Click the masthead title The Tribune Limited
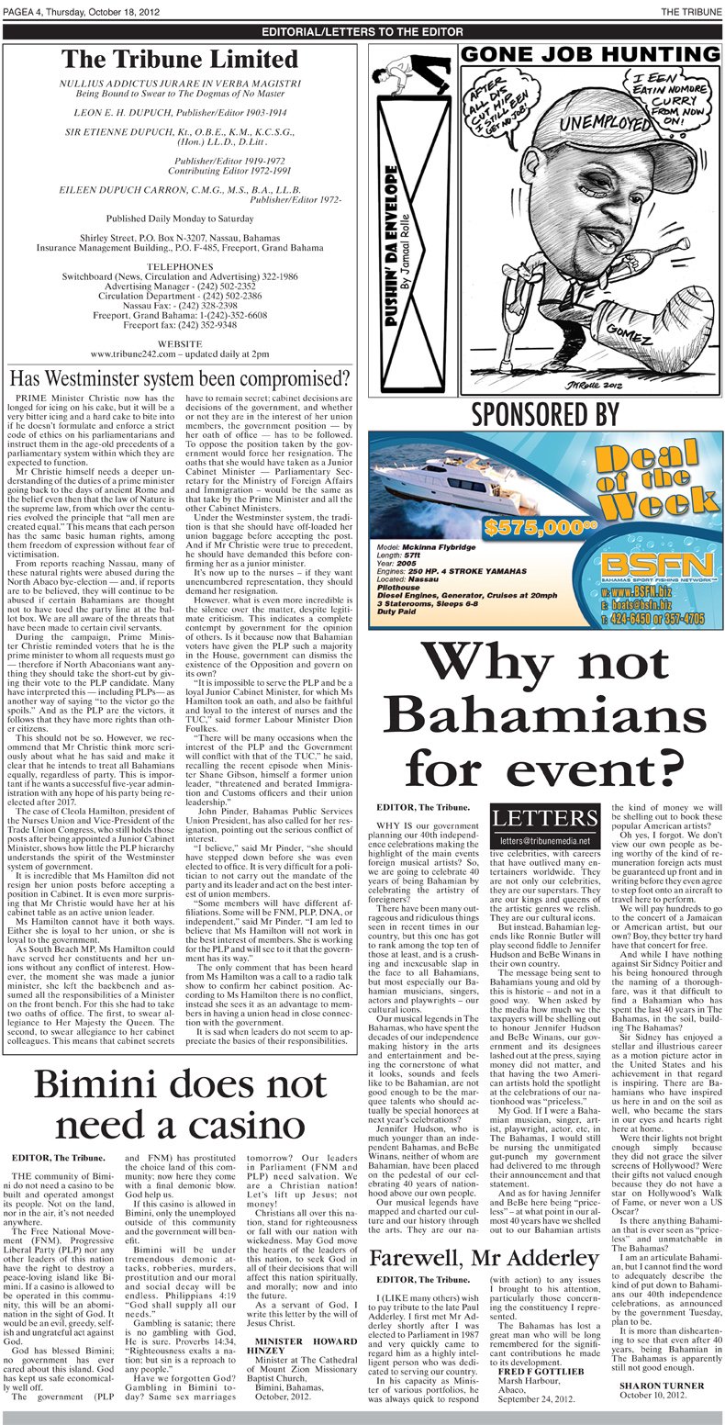pos(180,60)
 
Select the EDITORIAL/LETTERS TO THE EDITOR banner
pos(362,31)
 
